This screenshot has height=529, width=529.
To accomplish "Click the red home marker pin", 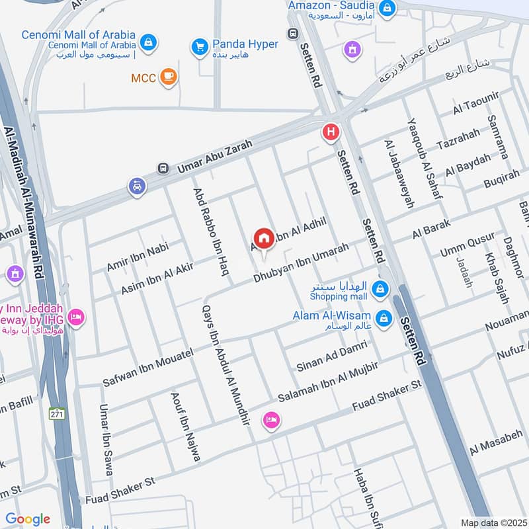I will [264, 239].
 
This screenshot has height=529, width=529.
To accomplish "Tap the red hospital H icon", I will [330, 133].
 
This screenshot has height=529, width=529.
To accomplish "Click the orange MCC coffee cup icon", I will [169, 78].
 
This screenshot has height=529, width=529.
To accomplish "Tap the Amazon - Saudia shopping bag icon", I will [388, 9].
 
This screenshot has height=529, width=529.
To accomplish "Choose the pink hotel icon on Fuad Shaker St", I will [271, 420].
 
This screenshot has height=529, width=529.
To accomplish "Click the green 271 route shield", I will [57, 414].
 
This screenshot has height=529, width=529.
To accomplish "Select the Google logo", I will [28, 519].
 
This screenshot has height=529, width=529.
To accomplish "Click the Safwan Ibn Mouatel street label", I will [147, 368].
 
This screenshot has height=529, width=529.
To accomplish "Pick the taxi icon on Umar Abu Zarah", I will [136, 187].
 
